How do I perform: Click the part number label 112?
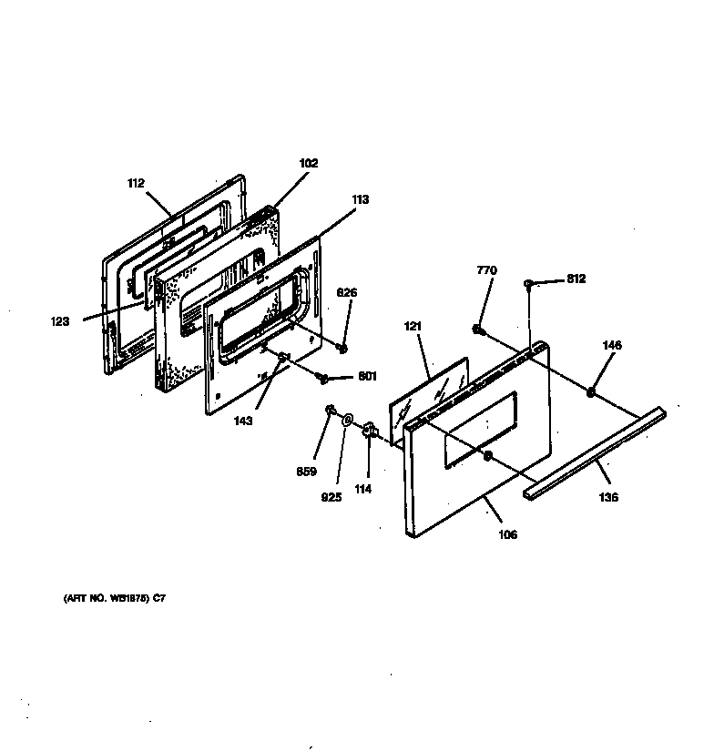(x=136, y=183)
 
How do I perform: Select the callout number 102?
(x=308, y=164)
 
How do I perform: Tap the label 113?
(x=361, y=199)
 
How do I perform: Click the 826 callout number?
(x=347, y=292)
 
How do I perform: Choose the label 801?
(x=367, y=376)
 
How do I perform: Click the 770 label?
(x=488, y=270)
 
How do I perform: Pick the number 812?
(x=575, y=279)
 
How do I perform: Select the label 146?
(x=612, y=345)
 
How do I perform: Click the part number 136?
(x=608, y=497)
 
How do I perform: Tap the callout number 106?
(x=507, y=534)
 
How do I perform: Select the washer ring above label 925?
(x=348, y=420)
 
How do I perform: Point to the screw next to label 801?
(x=322, y=376)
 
